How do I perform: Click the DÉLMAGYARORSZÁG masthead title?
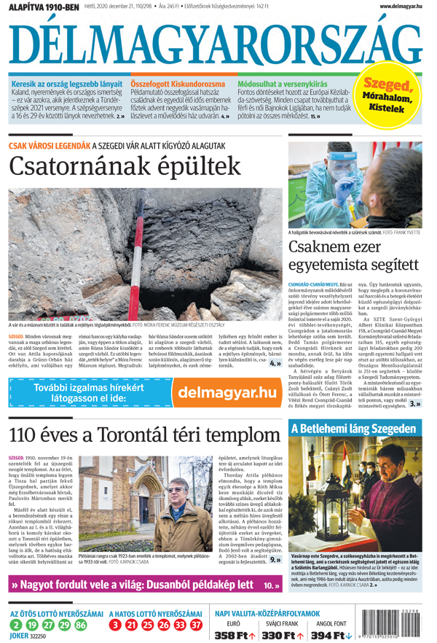coord(216,44)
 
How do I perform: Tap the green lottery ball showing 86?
coord(80,625)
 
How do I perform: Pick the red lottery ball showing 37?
coord(196,625)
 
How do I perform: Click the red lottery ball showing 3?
coord(115,625)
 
